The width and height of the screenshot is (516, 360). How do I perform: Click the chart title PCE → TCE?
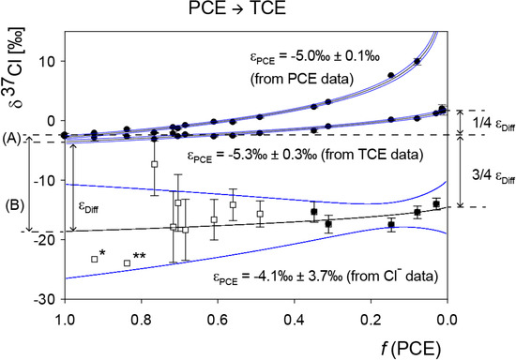tap(255, 11)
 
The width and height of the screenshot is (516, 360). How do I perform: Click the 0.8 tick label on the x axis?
tap(141, 317)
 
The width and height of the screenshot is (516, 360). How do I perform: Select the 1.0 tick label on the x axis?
tap(64, 317)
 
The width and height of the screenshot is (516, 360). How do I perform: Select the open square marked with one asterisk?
tap(94, 259)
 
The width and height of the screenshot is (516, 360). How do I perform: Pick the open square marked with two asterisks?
tap(127, 262)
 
